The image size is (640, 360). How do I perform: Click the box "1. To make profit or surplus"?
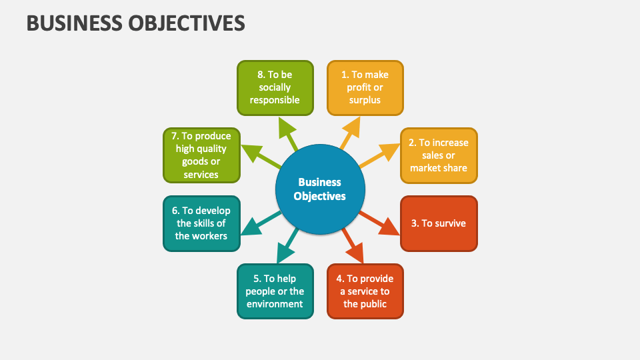pos(365,87)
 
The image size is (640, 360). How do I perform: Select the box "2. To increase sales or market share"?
pos(439,155)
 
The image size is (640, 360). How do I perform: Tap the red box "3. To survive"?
pos(439,223)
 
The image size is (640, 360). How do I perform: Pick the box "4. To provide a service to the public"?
pos(365,291)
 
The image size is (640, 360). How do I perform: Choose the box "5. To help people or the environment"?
pos(275,291)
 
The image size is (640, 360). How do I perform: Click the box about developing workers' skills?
pos(201,223)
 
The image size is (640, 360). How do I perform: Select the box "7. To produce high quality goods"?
pos(201,155)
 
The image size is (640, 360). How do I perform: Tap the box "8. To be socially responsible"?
pos(275,87)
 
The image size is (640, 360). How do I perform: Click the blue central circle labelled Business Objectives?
pos(320,189)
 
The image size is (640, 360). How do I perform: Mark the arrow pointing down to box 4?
pos(352,246)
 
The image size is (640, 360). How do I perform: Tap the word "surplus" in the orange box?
pos(365,100)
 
